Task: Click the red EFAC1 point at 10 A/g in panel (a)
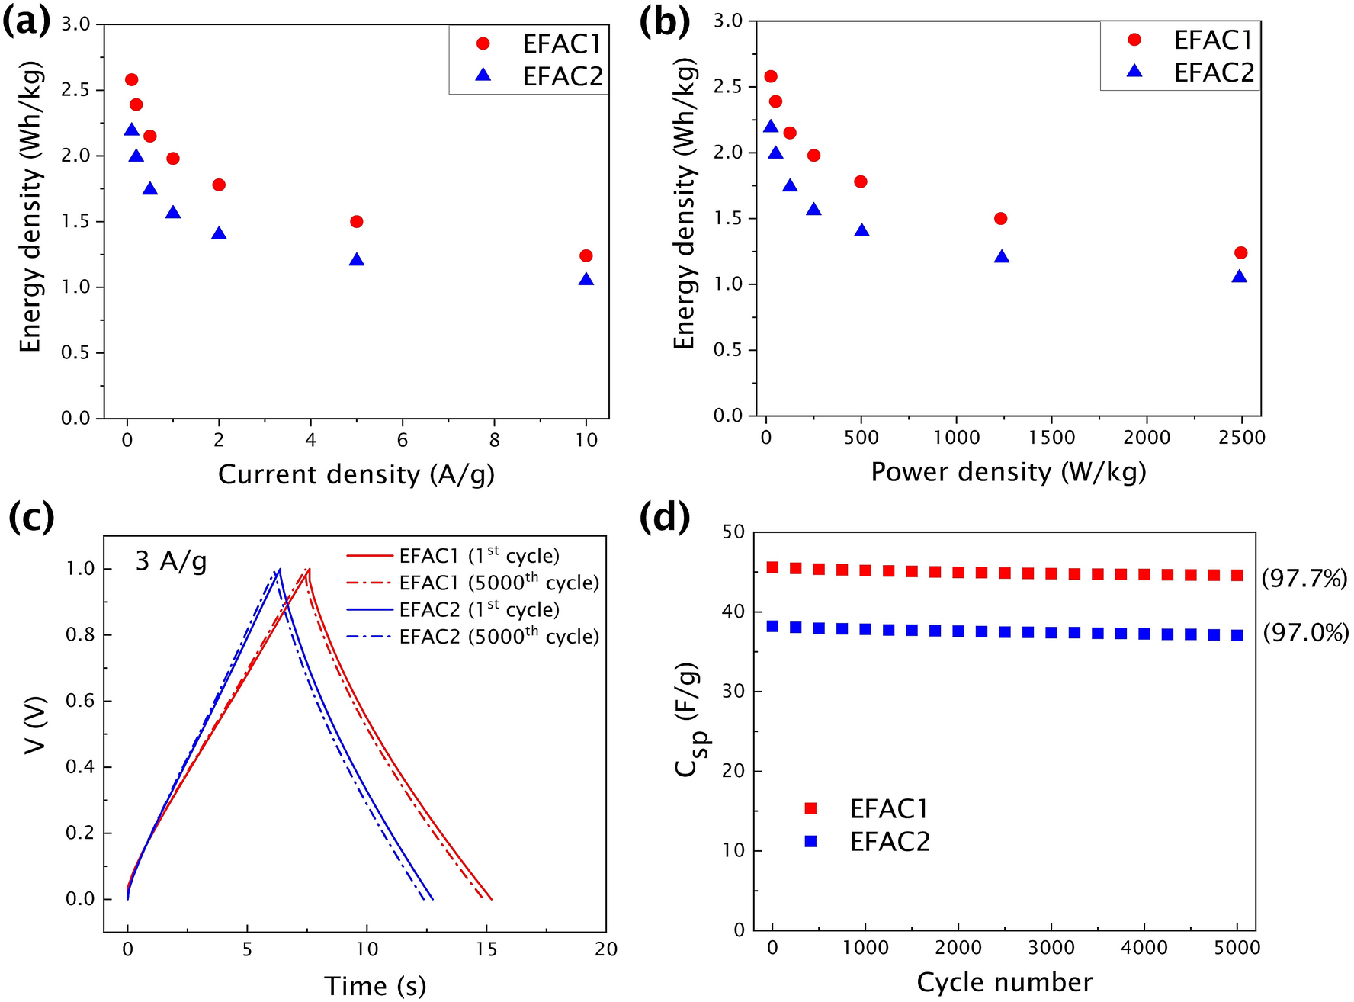tap(586, 255)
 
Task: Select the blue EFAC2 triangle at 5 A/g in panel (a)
tap(356, 260)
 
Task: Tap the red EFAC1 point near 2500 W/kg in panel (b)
tap(1240, 252)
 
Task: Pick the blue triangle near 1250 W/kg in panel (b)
tap(1002, 257)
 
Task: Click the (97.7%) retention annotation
tap(1304, 579)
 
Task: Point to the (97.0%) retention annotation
tap(1305, 632)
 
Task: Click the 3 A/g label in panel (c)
tap(171, 562)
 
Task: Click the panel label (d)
tap(665, 518)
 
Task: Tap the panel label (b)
tap(665, 24)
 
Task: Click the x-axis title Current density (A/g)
tap(356, 475)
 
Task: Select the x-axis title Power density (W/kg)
tap(1008, 472)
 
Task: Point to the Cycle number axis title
tap(1004, 982)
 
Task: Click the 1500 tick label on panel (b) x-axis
tap(1051, 438)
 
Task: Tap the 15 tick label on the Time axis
tap(486, 949)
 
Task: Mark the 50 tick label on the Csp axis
tap(732, 532)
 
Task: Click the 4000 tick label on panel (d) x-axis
tap(1144, 948)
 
